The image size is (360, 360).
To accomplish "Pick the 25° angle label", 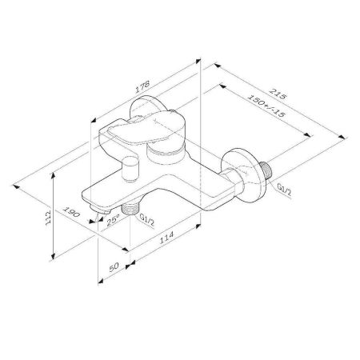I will (113, 217).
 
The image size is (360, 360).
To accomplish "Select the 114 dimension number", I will (165, 235).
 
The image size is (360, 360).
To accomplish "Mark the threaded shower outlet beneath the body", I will (127, 211).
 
